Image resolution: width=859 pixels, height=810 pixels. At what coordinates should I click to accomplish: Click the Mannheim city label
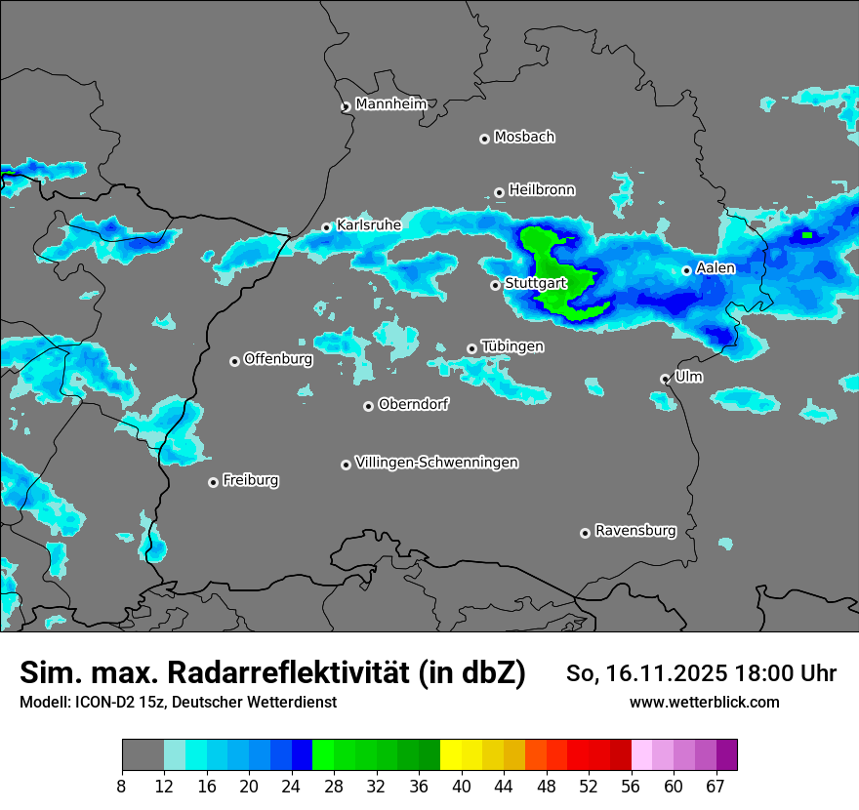tap(389, 103)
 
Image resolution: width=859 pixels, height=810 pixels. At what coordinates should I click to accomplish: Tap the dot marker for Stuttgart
tap(495, 285)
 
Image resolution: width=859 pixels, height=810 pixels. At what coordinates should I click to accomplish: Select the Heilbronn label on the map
tap(542, 189)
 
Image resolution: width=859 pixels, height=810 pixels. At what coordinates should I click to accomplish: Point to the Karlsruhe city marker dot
tap(327, 228)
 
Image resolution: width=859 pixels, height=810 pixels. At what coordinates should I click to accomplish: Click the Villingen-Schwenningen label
tap(437, 462)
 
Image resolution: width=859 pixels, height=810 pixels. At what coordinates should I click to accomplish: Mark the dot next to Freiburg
tap(213, 482)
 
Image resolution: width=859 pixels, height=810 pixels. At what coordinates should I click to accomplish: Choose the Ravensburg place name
tap(635, 531)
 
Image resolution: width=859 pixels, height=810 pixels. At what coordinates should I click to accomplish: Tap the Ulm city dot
tap(665, 379)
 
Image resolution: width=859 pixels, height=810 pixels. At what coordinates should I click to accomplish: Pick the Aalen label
tap(716, 267)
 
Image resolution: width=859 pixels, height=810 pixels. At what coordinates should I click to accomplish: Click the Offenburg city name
tap(278, 358)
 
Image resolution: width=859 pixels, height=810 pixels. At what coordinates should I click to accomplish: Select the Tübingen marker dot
tap(471, 348)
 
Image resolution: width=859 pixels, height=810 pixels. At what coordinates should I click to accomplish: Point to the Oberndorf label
tap(413, 403)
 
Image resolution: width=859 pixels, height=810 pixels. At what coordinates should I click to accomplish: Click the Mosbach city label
tap(524, 137)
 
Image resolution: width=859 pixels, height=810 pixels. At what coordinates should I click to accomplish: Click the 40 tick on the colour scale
tap(462, 785)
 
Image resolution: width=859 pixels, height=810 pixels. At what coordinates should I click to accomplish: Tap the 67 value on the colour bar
tap(716, 785)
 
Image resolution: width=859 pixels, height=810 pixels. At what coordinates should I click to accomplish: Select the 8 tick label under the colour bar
tap(121, 785)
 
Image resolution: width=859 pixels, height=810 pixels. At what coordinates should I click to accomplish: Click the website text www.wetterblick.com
tap(704, 702)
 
